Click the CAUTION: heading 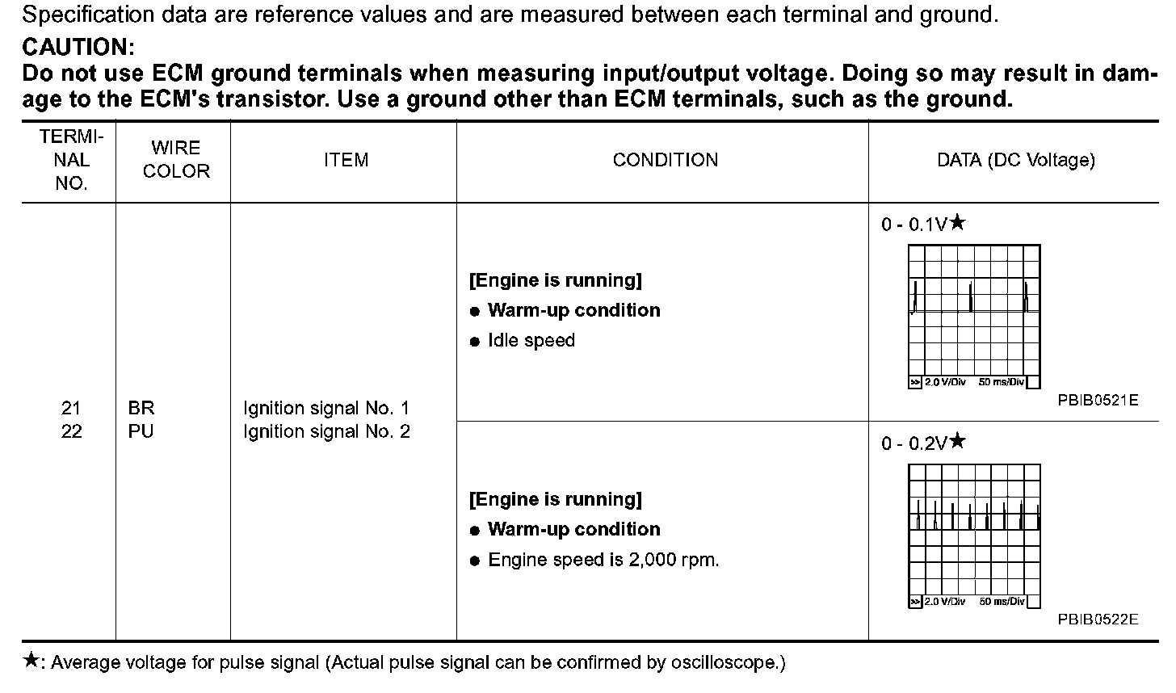[78, 47]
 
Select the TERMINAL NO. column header [71, 161]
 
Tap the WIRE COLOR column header [176, 160]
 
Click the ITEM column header [346, 160]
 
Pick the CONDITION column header [665, 160]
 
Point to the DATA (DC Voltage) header [1015, 160]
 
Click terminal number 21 [71, 409]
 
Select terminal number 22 [71, 432]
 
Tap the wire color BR [141, 409]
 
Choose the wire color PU [141, 432]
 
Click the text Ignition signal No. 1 [326, 409]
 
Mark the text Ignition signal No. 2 [326, 432]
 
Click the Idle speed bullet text [531, 341]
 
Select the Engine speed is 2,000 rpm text [603, 560]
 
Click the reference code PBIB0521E [1098, 401]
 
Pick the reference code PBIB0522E [1098, 619]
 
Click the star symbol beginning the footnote [30, 662]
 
